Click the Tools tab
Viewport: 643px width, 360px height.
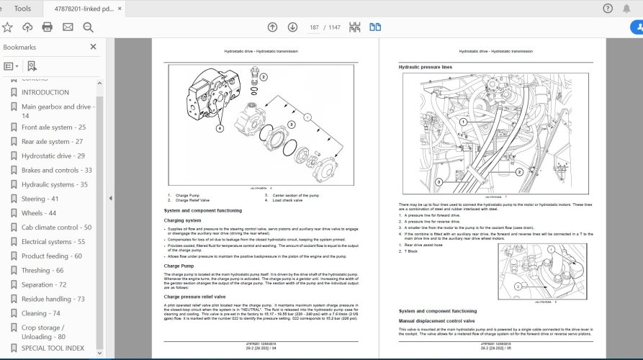(x=22, y=9)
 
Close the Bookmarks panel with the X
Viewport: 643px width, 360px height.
(x=93, y=47)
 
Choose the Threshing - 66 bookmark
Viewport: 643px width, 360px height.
(x=42, y=270)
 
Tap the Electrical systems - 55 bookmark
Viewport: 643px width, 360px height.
(x=53, y=242)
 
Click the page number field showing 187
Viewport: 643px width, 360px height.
(x=314, y=27)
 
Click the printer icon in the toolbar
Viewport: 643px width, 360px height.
(x=48, y=27)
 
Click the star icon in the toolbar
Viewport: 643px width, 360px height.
(x=7, y=27)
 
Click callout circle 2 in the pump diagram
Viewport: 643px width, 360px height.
(x=264, y=76)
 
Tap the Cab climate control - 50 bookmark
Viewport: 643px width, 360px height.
(x=56, y=228)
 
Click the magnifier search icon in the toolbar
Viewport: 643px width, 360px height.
(x=89, y=27)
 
